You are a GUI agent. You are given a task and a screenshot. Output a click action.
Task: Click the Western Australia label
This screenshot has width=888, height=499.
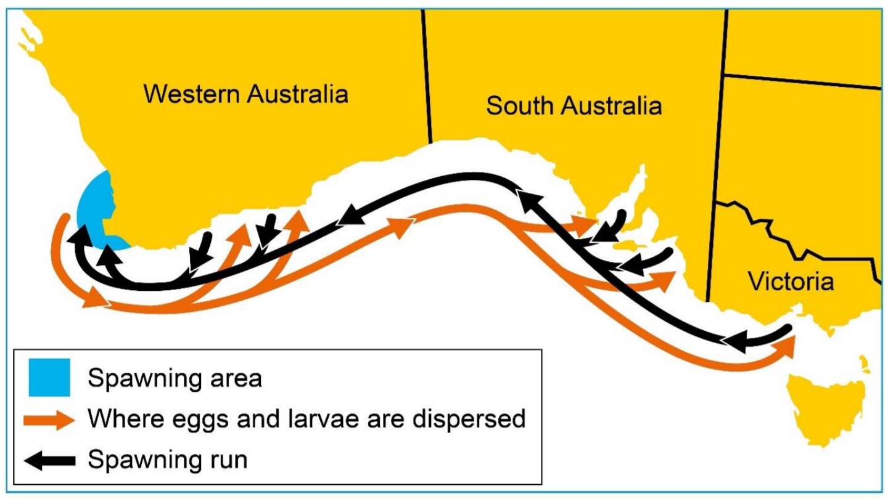(246, 94)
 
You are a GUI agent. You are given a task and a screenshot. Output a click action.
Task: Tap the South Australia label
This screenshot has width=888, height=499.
(573, 106)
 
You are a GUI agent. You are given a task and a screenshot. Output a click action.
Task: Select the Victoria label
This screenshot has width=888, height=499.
(791, 282)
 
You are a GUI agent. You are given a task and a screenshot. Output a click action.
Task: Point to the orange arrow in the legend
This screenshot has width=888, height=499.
(49, 420)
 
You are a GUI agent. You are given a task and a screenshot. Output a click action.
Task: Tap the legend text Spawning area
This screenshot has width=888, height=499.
(175, 378)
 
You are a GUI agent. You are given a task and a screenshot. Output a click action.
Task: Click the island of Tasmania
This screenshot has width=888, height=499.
(826, 400)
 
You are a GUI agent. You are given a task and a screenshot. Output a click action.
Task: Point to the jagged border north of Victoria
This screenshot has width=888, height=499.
(795, 234)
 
